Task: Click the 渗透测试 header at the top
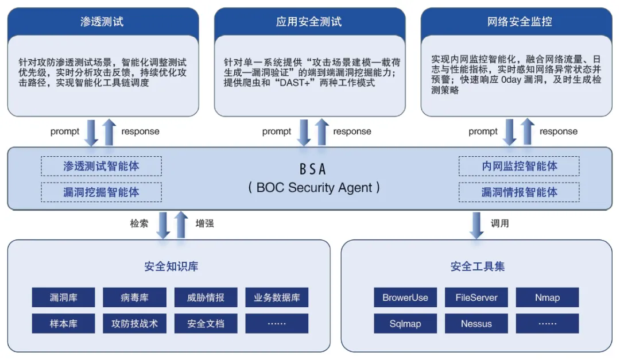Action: tap(102, 22)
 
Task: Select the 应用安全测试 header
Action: tap(309, 22)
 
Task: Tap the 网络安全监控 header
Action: tap(519, 22)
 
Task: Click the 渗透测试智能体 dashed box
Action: tap(101, 167)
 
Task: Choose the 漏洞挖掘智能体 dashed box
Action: tap(101, 192)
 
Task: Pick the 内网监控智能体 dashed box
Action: tap(519, 167)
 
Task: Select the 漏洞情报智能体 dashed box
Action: tap(519, 192)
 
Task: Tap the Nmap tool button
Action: tap(547, 297)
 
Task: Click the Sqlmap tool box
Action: tap(405, 324)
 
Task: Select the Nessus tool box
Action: tap(476, 324)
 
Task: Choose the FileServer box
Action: tap(476, 297)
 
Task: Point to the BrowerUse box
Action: tap(405, 297)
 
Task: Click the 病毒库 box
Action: tap(135, 297)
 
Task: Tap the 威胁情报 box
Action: tap(206, 297)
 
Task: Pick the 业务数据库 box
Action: tap(277, 297)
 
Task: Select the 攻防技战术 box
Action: tap(135, 324)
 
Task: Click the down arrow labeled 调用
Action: tap(476, 224)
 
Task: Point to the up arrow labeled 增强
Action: tap(181, 224)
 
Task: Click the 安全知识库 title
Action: tap(172, 266)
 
